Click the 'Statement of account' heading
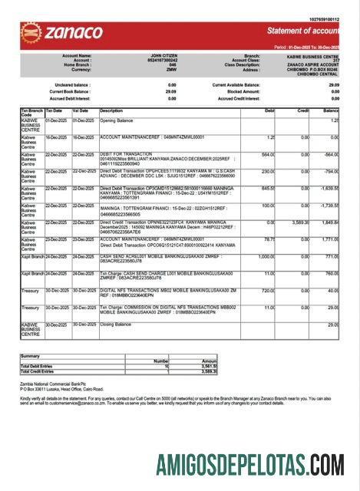302,31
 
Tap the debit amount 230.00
268,171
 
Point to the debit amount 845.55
268,188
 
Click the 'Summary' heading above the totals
31,356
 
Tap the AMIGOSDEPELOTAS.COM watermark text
249,465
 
